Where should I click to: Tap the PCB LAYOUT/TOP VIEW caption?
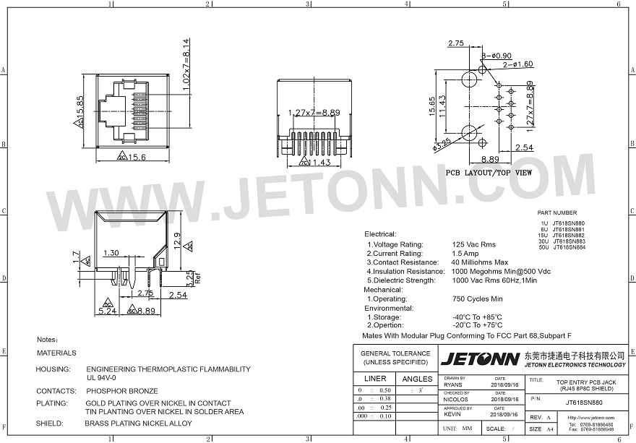(489, 173)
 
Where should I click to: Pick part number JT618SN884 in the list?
(569, 247)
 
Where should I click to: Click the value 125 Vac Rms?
(473, 244)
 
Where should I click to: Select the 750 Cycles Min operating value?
(477, 298)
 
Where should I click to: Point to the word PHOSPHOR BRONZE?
(121, 391)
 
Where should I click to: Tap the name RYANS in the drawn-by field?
(453, 385)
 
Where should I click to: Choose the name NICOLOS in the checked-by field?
(456, 400)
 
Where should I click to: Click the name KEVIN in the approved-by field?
(452, 415)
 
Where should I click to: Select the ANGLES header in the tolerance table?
(417, 379)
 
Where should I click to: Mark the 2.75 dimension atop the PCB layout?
(456, 44)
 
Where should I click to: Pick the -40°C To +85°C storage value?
(477, 317)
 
